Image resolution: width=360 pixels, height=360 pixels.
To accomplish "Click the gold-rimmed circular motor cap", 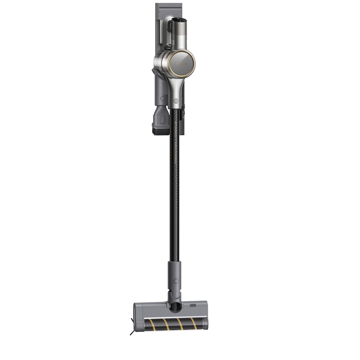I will tap(181, 64).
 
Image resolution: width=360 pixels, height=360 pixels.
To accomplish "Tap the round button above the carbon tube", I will tap(176, 101).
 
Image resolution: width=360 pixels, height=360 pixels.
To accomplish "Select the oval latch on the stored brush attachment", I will tap(162, 120).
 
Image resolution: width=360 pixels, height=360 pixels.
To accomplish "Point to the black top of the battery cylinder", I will tap(180, 19).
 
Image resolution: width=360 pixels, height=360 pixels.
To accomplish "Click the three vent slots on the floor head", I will tap(193, 305).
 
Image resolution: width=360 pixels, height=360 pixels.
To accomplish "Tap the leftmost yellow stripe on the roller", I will tap(153, 324).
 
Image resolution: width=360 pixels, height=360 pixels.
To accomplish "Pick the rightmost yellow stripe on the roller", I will tap(193, 323).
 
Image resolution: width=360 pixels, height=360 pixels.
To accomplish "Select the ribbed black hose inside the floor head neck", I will tap(175, 307).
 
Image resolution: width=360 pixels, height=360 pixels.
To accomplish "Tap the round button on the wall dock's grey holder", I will tap(162, 99).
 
